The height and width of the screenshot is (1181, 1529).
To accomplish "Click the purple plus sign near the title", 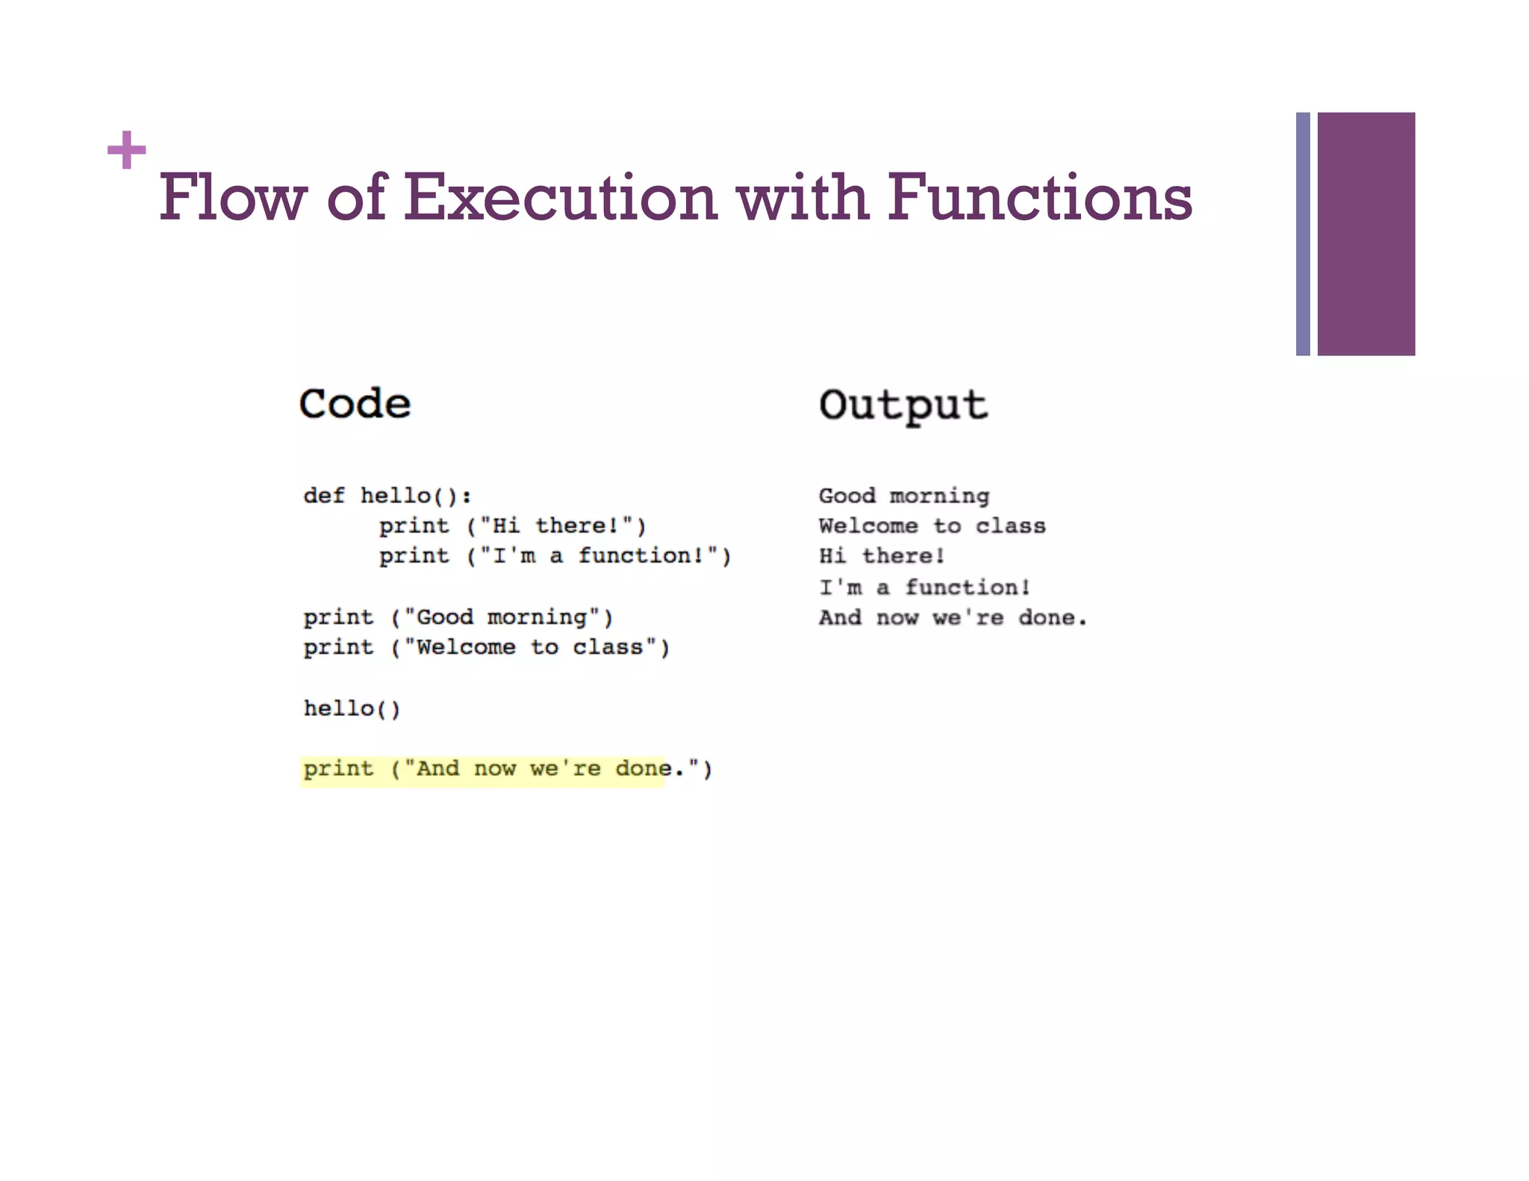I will [x=126, y=150].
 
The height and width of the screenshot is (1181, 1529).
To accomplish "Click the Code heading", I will [x=355, y=404].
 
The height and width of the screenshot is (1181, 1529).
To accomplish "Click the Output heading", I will [x=903, y=405].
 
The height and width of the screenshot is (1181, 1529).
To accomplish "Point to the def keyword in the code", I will [x=324, y=496].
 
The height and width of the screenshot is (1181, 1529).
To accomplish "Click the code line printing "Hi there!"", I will [x=512, y=526].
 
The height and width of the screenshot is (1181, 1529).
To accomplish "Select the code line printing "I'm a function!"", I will [x=555, y=556].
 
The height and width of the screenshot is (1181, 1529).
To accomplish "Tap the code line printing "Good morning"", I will [x=458, y=617].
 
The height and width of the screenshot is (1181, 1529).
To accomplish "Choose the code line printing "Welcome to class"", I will [x=486, y=647].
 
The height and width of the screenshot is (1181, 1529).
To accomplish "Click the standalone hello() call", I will [x=352, y=708].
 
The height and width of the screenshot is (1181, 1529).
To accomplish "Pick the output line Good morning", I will [x=903, y=496].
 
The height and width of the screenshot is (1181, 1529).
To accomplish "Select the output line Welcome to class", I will [x=932, y=526].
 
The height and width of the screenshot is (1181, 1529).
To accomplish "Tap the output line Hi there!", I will [x=882, y=556].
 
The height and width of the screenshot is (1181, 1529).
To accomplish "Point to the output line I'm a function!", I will [x=924, y=588].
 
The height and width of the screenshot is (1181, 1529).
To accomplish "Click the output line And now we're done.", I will [x=953, y=618].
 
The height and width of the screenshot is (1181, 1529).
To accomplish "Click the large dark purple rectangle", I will [x=1365, y=234].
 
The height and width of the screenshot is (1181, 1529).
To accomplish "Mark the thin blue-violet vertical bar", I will [x=1303, y=234].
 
